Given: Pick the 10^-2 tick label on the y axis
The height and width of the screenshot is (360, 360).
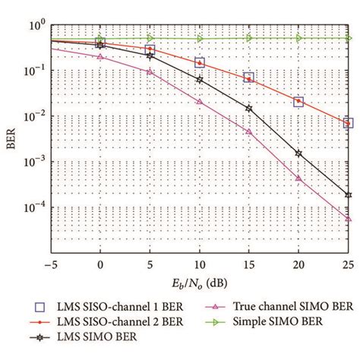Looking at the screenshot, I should tap(36, 116).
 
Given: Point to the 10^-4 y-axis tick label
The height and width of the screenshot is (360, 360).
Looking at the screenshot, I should tap(36, 206).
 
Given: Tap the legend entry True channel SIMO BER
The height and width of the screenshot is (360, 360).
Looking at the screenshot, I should tap(274, 308).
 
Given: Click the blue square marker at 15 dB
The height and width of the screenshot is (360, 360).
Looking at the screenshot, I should tap(249, 77).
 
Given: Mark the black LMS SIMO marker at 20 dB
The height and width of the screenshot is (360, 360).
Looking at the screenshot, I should tap(298, 153).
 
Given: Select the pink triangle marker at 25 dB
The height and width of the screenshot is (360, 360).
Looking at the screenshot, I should tap(348, 218).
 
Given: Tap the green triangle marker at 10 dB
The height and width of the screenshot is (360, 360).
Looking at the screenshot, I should tap(199, 38).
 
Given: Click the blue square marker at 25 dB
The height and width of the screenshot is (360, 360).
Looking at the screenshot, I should tap(348, 122).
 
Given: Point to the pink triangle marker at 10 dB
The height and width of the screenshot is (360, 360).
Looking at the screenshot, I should tap(199, 101).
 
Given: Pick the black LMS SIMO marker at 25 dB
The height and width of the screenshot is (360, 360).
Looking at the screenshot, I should tap(348, 194).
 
